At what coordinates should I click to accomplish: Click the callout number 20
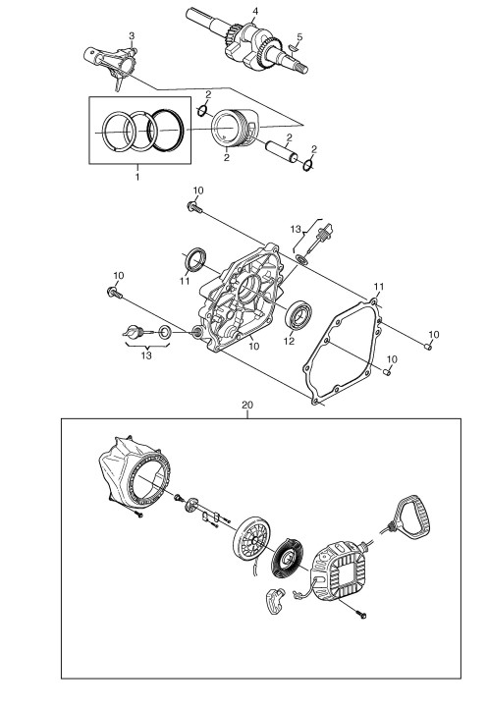[x=247, y=405]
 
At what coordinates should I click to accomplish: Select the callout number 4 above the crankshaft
[x=255, y=11]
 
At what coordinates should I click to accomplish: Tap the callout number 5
[x=299, y=37]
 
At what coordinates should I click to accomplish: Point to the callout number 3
[x=132, y=35]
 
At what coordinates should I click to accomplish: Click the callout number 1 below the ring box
[x=137, y=177]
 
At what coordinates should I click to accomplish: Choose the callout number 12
[x=289, y=342]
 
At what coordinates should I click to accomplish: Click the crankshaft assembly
[x=247, y=41]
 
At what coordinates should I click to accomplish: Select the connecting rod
[x=111, y=63]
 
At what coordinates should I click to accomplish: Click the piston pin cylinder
[x=281, y=151]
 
